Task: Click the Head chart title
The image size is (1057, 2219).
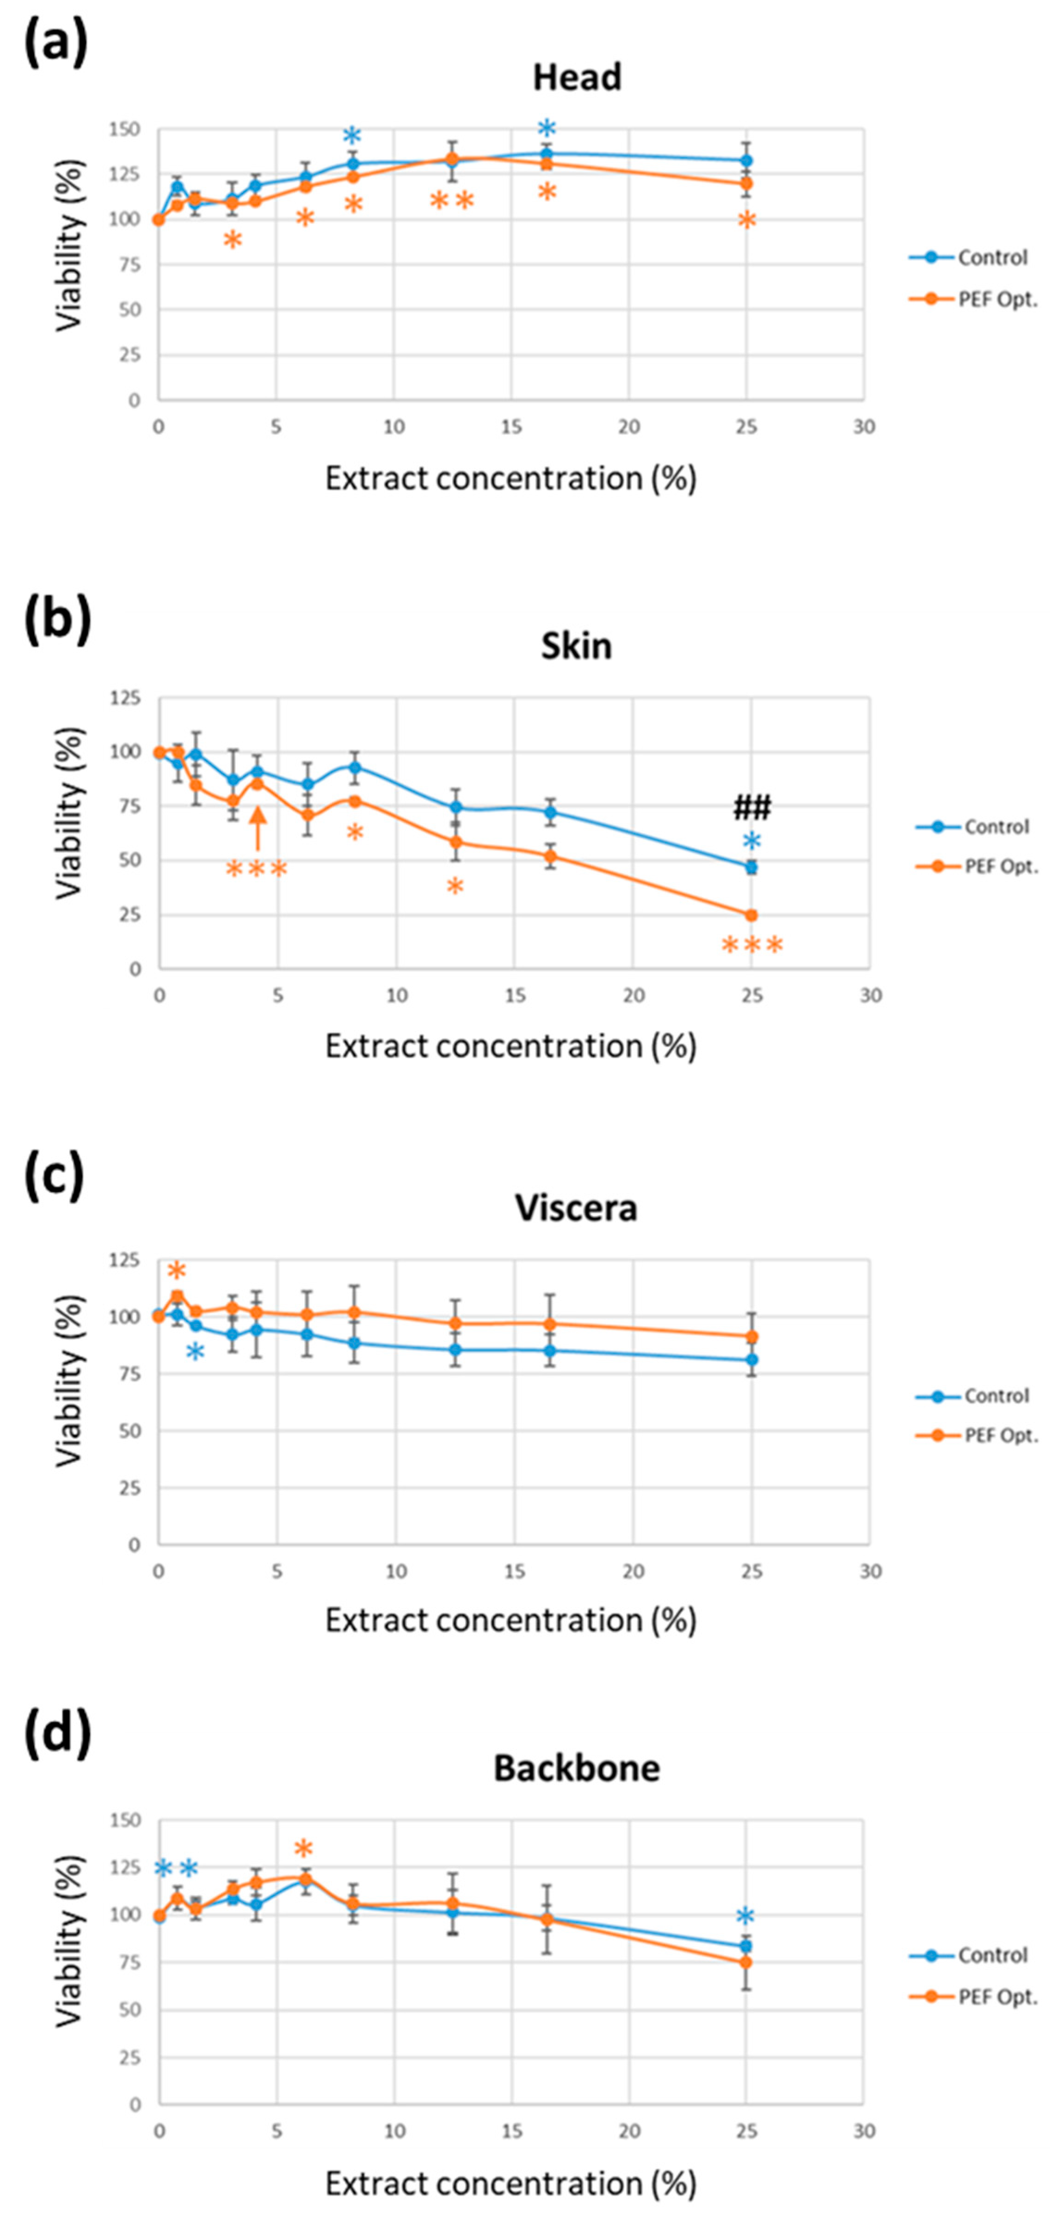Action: pyautogui.click(x=576, y=78)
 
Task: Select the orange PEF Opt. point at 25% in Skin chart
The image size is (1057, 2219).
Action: pyautogui.click(x=751, y=915)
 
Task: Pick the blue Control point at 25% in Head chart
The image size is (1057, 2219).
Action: pyautogui.click(x=746, y=160)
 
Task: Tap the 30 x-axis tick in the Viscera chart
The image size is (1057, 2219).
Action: pyautogui.click(x=870, y=1571)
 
